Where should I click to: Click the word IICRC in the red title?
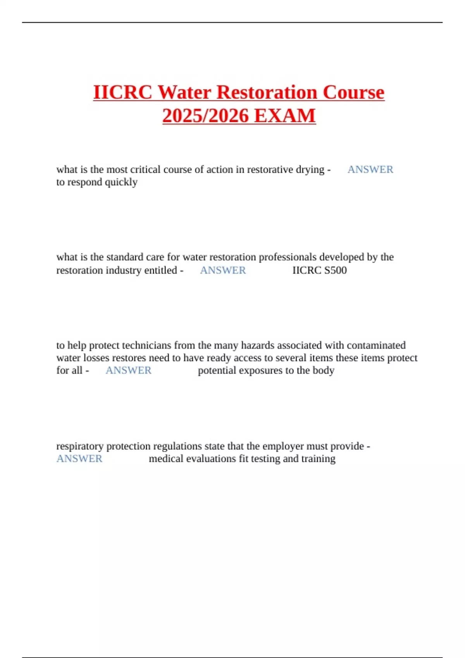(123, 93)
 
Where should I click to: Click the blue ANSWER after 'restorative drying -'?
(370, 170)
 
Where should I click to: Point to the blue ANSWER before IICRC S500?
(223, 270)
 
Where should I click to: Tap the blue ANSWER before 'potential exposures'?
(128, 370)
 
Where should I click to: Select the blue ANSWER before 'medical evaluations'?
(79, 459)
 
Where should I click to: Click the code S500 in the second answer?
(336, 270)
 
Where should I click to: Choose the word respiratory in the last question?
(80, 446)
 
